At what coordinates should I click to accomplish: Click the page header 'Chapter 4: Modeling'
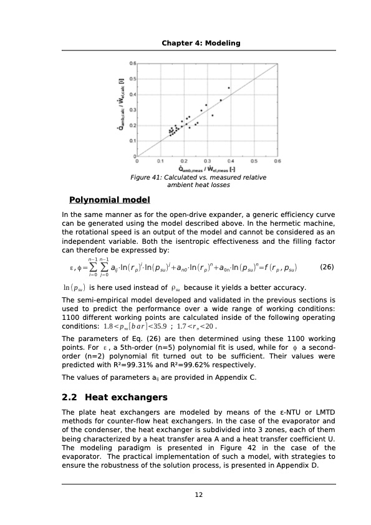click(201, 42)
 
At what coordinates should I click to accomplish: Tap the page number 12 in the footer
click(199, 494)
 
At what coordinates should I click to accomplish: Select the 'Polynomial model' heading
click(109, 200)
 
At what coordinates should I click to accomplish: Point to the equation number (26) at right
click(327, 267)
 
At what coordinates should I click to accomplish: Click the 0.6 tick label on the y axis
click(132, 64)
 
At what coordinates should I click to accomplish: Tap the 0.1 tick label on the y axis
click(132, 140)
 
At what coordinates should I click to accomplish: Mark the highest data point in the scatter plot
click(229, 88)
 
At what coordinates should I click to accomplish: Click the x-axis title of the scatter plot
click(206, 169)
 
